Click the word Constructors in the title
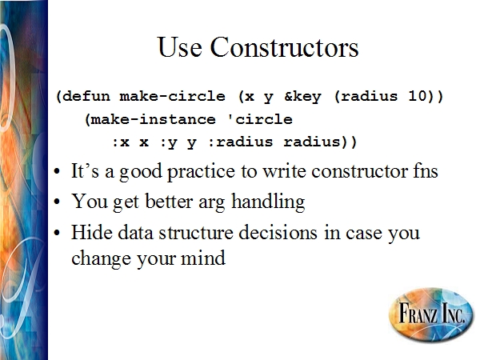(x=284, y=47)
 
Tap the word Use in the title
(x=180, y=47)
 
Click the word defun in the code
(x=86, y=97)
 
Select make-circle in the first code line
(x=172, y=97)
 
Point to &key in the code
(x=302, y=97)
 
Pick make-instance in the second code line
(x=153, y=119)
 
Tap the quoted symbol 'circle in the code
(x=260, y=119)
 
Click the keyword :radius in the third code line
(x=240, y=142)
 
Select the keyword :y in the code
(x=168, y=142)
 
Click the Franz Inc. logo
(x=431, y=314)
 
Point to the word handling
(x=268, y=202)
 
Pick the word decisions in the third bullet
(x=278, y=232)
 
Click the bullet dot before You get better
(x=57, y=202)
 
